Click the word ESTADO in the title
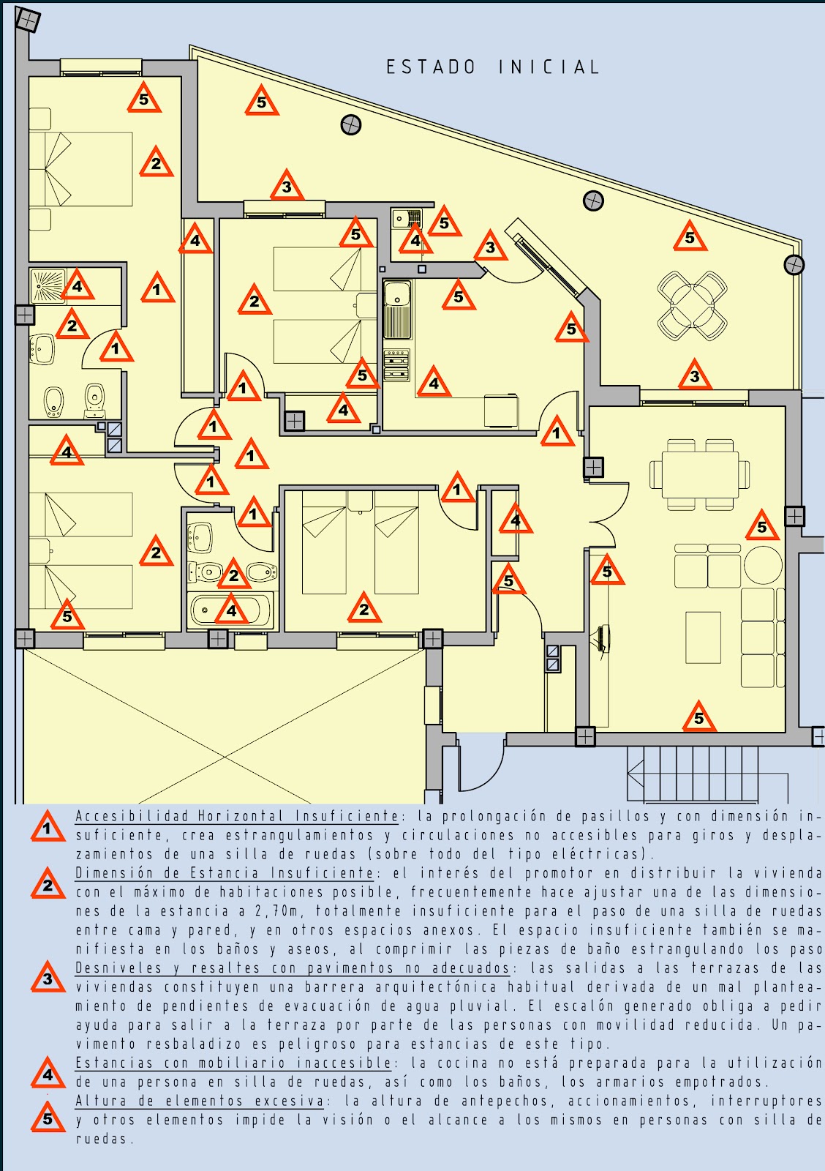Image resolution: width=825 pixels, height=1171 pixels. [x=431, y=67]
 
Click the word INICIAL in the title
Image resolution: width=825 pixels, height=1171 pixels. [x=549, y=67]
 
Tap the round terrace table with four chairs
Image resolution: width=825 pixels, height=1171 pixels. [x=692, y=306]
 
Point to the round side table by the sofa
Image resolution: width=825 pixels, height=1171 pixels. [x=763, y=565]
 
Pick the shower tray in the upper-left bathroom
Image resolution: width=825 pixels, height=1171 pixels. [x=49, y=286]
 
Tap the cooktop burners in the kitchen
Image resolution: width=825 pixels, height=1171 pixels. [x=396, y=365]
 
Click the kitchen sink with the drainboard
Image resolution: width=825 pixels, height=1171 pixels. [x=398, y=310]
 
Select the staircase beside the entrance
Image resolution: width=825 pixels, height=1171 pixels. [x=706, y=774]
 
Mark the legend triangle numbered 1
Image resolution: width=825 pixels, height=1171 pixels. [x=48, y=828]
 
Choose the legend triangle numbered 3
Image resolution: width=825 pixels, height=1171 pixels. [x=48, y=979]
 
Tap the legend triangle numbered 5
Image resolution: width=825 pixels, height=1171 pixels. [x=48, y=1118]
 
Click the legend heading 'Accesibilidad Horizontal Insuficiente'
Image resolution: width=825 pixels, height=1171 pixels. [x=237, y=816]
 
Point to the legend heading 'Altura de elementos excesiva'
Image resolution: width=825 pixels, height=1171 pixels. [x=200, y=1101]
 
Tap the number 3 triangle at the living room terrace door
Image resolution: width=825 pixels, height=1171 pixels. [x=694, y=376]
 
